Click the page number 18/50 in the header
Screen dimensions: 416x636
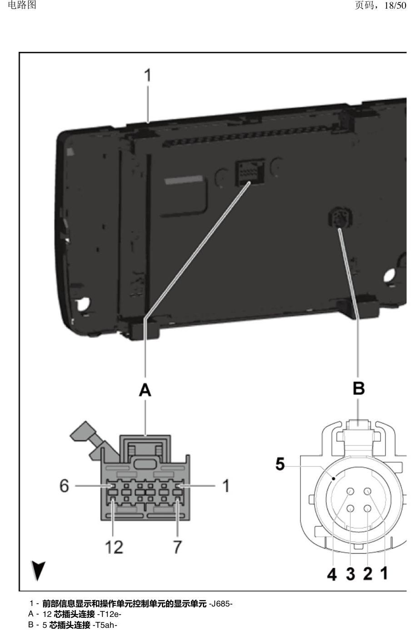[x=395, y=5]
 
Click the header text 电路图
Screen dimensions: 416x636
[x=22, y=5]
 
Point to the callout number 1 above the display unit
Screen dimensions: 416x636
[x=147, y=75]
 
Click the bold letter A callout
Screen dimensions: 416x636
[x=145, y=389]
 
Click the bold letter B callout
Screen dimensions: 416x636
[x=358, y=388]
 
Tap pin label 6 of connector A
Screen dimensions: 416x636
[x=65, y=485]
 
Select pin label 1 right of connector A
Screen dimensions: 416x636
[x=226, y=485]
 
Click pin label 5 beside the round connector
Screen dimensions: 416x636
[x=280, y=464]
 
